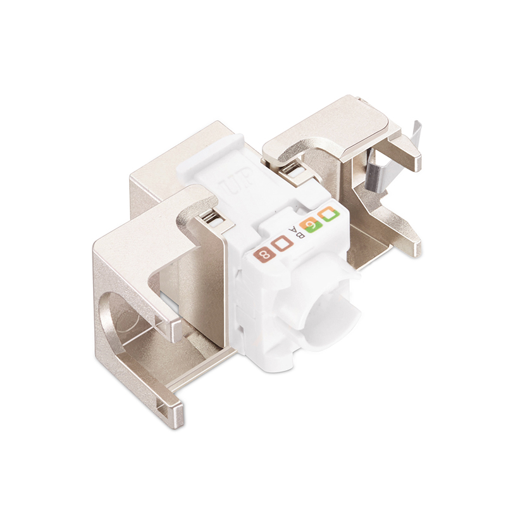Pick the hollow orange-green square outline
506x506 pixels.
[x=330, y=215]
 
